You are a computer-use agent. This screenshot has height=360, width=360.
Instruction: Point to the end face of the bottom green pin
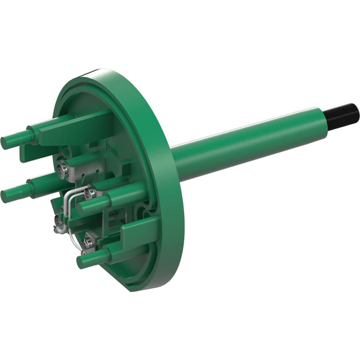tap(82, 262)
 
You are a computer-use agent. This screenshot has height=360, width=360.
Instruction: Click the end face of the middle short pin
tap(80, 208)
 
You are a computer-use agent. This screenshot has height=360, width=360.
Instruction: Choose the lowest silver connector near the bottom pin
tap(90, 242)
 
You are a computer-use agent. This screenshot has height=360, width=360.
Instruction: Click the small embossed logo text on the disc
tap(113, 146)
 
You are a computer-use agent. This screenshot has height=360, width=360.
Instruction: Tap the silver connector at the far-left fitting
tap(58, 226)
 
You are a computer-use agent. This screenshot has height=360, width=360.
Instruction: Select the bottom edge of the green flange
tap(144, 287)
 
